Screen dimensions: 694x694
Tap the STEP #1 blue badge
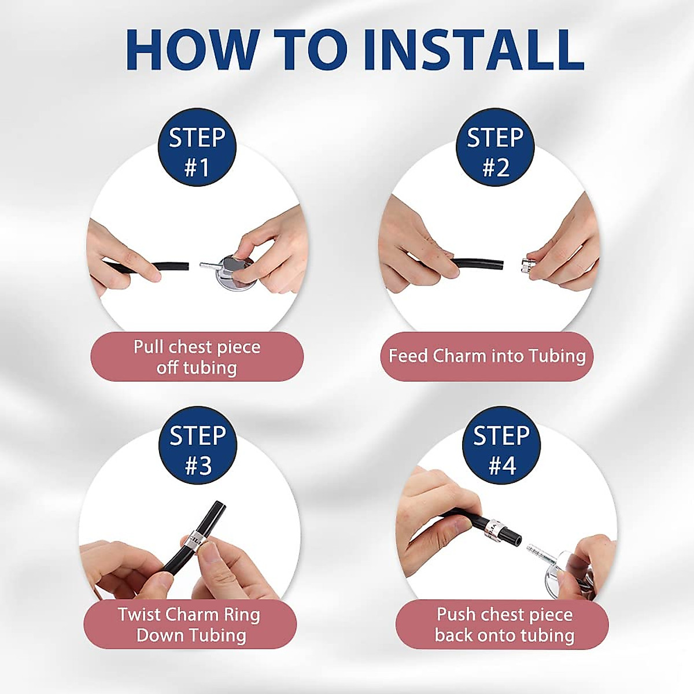[197, 147]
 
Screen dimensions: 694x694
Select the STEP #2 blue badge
[495, 147]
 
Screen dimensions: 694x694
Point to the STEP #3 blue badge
[198, 445]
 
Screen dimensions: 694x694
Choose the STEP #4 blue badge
[501, 445]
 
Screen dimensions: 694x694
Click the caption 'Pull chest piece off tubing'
[197, 357]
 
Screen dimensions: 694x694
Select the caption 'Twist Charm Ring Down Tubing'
[190, 624]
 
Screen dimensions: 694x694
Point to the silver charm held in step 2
[529, 265]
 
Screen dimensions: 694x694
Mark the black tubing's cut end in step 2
[501, 265]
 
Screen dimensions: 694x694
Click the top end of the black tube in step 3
[220, 504]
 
